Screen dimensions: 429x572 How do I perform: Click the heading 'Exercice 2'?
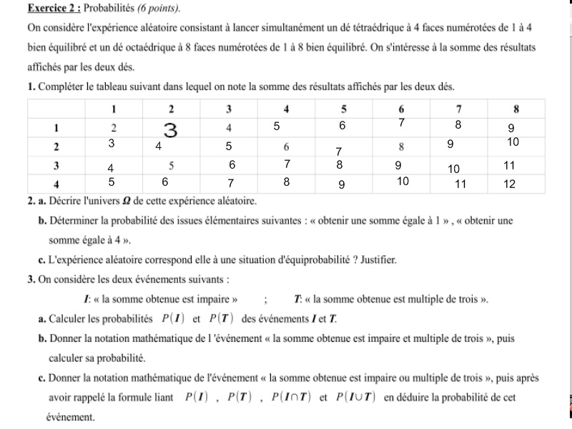53,9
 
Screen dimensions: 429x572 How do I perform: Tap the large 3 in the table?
170,129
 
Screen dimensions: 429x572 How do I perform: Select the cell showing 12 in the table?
509,184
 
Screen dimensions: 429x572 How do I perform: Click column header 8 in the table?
516,109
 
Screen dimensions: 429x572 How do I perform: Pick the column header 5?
344,109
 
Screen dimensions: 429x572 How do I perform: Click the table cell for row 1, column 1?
114,127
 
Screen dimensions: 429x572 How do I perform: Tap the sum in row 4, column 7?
460,184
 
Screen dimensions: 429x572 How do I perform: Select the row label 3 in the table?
56,165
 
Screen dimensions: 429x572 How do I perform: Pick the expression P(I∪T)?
355,397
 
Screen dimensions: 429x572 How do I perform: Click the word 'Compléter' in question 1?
61,87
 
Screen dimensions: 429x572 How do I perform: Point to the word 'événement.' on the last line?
70,416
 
